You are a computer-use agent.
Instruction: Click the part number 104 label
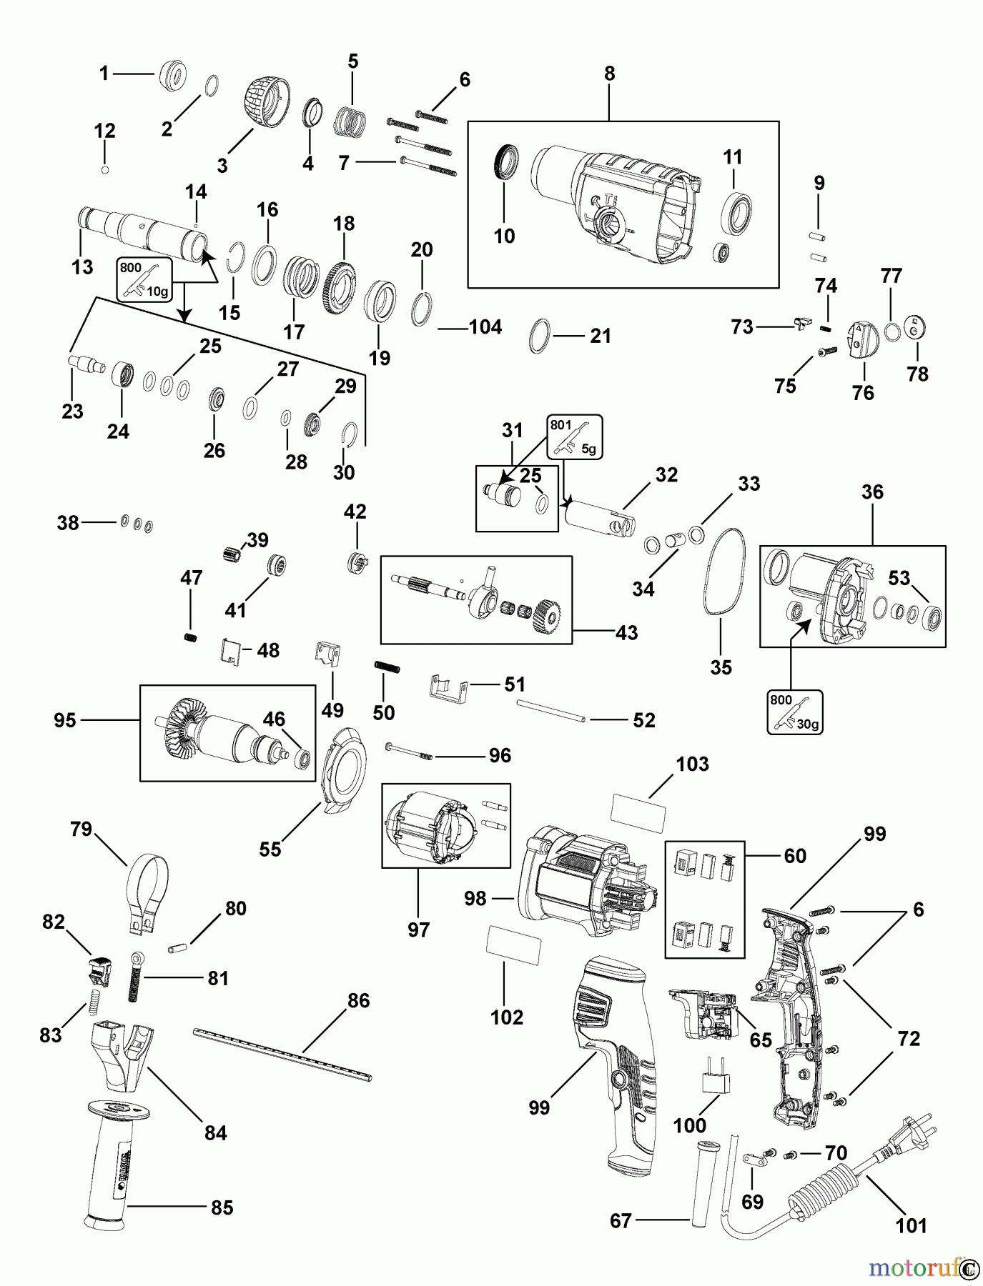[485, 327]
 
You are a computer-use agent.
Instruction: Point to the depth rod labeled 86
[282, 1052]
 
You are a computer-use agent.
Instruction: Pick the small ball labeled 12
[105, 170]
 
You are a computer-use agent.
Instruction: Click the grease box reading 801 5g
[575, 437]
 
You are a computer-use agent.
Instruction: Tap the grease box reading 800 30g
[794, 712]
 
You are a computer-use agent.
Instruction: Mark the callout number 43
[626, 633]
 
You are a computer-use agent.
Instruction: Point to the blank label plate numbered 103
[638, 811]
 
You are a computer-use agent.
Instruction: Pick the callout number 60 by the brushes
[795, 856]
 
